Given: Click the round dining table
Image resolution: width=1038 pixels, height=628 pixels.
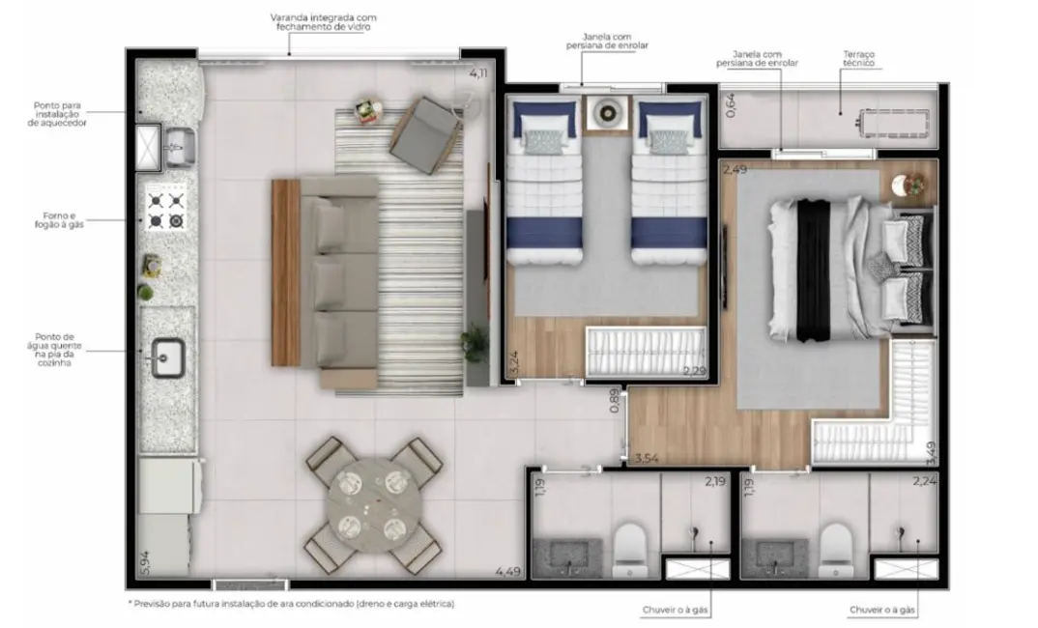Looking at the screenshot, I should click(x=372, y=504).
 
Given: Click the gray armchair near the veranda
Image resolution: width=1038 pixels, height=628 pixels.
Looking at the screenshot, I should click(x=425, y=134).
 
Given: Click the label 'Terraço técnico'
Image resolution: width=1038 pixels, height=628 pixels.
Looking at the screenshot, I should click(x=857, y=61).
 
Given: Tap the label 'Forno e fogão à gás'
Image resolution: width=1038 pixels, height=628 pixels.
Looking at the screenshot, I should click(x=62, y=220).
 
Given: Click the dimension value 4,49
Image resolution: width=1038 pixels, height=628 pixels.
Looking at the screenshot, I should click(x=508, y=571).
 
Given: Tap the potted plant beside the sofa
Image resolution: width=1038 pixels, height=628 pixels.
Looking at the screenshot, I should click(x=475, y=343).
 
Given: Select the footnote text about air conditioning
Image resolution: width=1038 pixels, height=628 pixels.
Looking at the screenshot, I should click(x=290, y=604).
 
